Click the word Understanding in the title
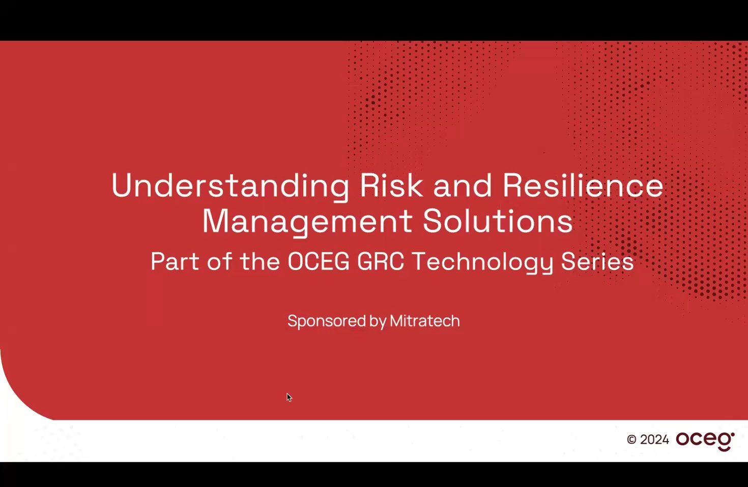pos(230,185)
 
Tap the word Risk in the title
pos(391,185)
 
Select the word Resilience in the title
pos(583,185)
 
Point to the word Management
pos(307,222)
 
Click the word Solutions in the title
pos(498,222)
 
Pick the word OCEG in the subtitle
pos(319,262)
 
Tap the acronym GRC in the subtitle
pos(380,262)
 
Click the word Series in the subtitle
pos(597,262)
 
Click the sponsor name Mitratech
pos(425,321)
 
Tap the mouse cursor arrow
pos(289,397)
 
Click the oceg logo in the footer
pos(705,440)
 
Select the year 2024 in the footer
pos(654,440)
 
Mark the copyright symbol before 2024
pos(631,440)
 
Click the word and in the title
pos(463,185)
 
